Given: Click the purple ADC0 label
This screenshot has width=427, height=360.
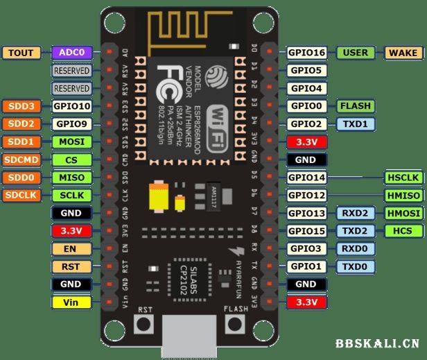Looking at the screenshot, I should click(72, 52).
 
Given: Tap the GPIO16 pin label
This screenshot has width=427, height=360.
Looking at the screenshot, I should click(307, 52).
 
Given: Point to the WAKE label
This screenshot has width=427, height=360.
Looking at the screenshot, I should click(402, 52).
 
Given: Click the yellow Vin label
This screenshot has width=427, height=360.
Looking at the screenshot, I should click(72, 302).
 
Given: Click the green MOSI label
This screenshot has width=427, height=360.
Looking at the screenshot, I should click(72, 142).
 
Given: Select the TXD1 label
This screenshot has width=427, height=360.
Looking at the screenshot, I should click(356, 124).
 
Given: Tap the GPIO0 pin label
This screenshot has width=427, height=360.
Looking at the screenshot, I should click(307, 106).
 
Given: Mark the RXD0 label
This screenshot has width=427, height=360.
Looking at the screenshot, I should click(356, 248).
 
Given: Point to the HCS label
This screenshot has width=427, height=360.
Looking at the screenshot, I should click(402, 230).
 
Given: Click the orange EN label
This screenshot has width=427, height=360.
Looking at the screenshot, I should click(72, 248).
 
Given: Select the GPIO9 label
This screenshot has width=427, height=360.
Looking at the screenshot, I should click(72, 124).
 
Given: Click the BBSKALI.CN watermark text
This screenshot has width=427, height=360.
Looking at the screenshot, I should click(377, 343).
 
